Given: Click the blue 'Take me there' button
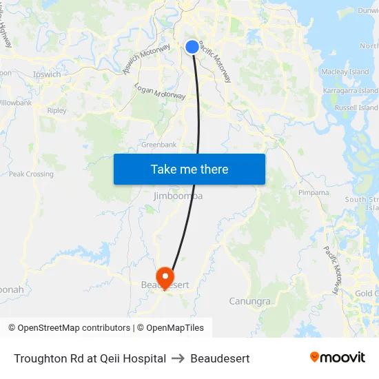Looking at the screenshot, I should (x=189, y=169).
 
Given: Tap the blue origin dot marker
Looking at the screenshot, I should (x=192, y=46).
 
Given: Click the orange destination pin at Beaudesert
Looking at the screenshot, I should (x=165, y=278).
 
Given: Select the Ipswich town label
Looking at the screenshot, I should (x=47, y=74).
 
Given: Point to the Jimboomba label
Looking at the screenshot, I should (x=178, y=196).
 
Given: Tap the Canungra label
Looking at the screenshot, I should (x=249, y=301).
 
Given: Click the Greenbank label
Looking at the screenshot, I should (x=158, y=145).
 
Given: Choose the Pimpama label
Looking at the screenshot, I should (x=314, y=193).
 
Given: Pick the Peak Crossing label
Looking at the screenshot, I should (x=31, y=174).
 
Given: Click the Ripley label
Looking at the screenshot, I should (x=57, y=110).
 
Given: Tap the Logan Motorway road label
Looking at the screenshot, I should (x=160, y=92).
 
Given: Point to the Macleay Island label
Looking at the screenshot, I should (x=345, y=72).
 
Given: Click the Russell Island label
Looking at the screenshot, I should (x=356, y=107).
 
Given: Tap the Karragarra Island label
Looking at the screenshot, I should (x=351, y=90).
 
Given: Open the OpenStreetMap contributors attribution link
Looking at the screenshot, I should (x=73, y=328).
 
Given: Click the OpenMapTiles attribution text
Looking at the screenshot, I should (x=174, y=328).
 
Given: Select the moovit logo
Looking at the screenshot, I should (x=338, y=357).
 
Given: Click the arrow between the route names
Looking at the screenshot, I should (x=178, y=358).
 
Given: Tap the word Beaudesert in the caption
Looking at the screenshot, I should (x=220, y=358).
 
